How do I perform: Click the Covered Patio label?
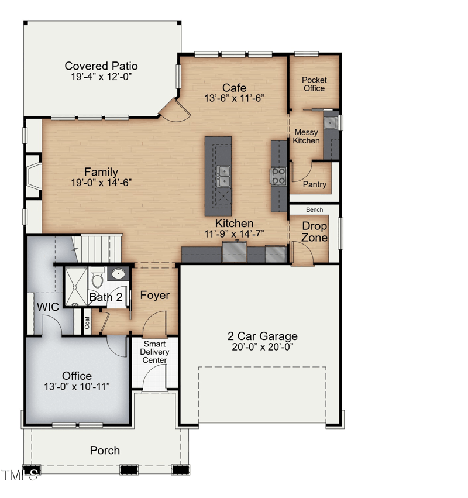(101, 66)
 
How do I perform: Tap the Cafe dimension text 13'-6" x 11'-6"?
(234, 98)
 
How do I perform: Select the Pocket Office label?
(314, 84)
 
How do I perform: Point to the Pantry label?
(315, 184)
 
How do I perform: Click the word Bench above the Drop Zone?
(314, 209)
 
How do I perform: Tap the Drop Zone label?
(314, 232)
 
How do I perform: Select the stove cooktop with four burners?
(278, 176)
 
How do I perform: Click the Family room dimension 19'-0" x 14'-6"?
(101, 183)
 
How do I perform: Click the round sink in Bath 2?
(118, 274)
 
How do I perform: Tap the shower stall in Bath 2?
(75, 286)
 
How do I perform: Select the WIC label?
(48, 307)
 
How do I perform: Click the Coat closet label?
(87, 324)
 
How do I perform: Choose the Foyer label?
(154, 296)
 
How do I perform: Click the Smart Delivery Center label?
(154, 352)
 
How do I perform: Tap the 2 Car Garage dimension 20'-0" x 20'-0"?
(263, 346)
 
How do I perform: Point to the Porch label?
(105, 450)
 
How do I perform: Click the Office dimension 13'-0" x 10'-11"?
(77, 386)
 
